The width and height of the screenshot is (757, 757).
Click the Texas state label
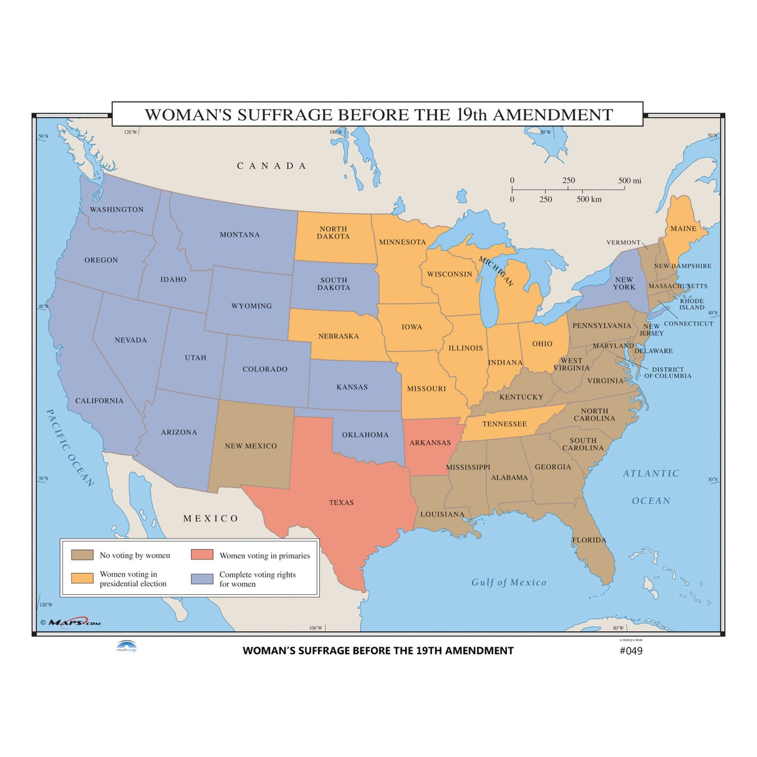pyautogui.click(x=341, y=503)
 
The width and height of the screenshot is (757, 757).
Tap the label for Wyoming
pyautogui.click(x=251, y=306)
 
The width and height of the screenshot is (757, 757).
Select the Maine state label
pyautogui.click(x=683, y=229)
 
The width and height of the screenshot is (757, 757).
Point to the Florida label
pyautogui.click(x=589, y=540)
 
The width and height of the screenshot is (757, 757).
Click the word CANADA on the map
pyautogui.click(x=271, y=166)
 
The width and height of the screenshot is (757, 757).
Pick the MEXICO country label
pyautogui.click(x=211, y=518)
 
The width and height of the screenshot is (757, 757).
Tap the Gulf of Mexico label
pyautogui.click(x=509, y=582)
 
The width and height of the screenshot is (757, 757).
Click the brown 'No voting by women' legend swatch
pyautogui.click(x=82, y=555)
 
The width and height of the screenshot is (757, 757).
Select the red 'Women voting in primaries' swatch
pyautogui.click(x=202, y=555)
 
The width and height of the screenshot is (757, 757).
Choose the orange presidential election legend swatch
pyautogui.click(x=82, y=578)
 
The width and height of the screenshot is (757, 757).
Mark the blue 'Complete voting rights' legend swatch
pyautogui.click(x=202, y=579)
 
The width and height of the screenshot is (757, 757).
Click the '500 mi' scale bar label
pyautogui.click(x=629, y=181)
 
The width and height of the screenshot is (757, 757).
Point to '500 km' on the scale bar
pyautogui.click(x=589, y=200)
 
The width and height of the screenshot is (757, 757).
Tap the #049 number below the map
pyautogui.click(x=630, y=650)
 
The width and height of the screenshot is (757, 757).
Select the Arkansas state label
pyautogui.click(x=430, y=443)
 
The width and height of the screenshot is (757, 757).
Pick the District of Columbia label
pyautogui.click(x=668, y=373)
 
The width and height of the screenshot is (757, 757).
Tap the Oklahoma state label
pyautogui.click(x=365, y=435)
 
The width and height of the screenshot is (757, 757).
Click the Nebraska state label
pyautogui.click(x=339, y=336)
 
